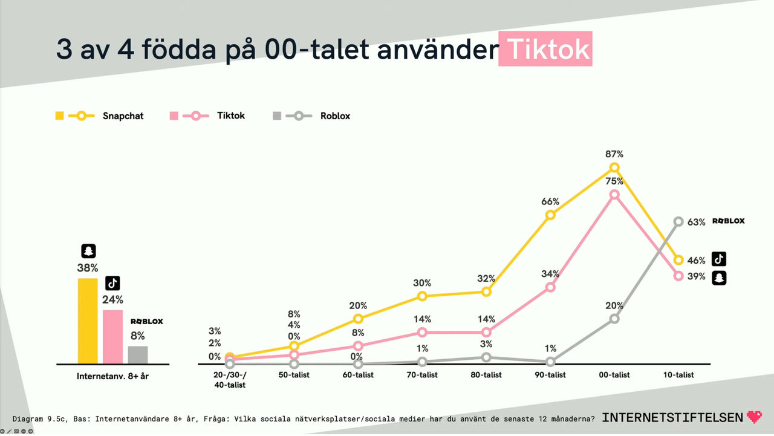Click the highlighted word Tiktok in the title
coord(545,50)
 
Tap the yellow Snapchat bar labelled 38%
coord(88,320)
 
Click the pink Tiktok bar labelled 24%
coord(113,336)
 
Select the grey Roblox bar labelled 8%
coord(138,354)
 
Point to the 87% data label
coord(614,155)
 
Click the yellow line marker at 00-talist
coord(614,168)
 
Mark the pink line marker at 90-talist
coord(550,287)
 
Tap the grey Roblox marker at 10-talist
coord(678,222)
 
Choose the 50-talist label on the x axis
coord(293,375)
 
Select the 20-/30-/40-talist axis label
coord(229,380)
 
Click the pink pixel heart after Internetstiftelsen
coord(754,417)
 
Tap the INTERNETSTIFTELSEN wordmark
coord(673,417)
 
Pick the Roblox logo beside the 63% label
coord(728,221)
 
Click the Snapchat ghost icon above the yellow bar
coord(88,252)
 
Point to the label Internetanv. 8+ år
coord(112,376)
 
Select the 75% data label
coord(614,181)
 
